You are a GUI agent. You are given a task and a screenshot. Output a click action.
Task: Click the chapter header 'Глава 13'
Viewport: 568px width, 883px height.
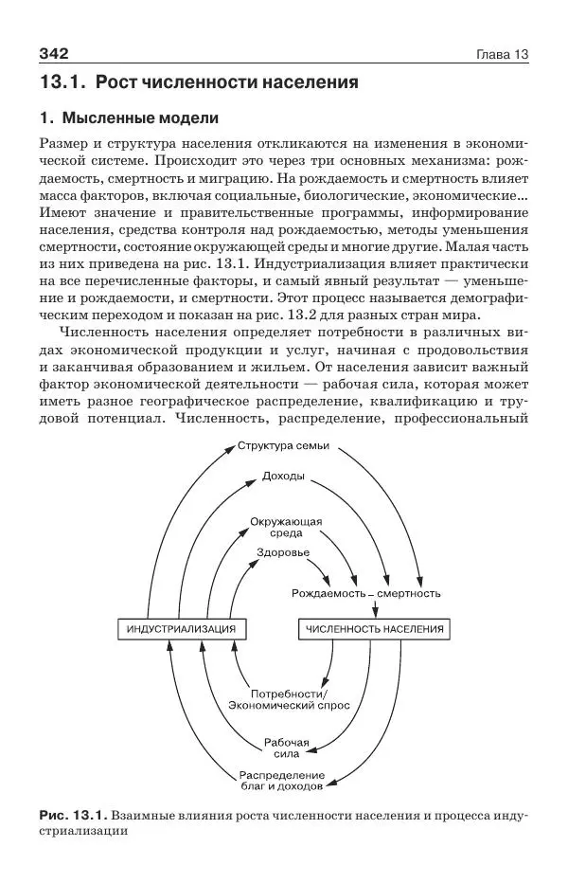pyautogui.click(x=501, y=53)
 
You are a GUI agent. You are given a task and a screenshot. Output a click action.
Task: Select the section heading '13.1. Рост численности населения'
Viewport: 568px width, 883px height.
pyautogui.click(x=199, y=82)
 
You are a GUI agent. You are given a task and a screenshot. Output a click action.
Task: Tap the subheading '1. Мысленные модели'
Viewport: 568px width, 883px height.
pyautogui.click(x=129, y=119)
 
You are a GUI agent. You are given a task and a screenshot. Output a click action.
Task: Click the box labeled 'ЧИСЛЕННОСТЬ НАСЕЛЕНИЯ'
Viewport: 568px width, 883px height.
pyautogui.click(x=374, y=629)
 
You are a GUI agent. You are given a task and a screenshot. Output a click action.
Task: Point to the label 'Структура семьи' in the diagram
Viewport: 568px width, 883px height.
pyautogui.click(x=284, y=446)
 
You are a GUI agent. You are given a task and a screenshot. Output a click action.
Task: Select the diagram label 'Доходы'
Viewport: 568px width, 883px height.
pyautogui.click(x=283, y=476)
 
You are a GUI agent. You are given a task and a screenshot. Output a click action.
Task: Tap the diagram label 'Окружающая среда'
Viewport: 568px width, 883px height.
pyautogui.click(x=287, y=527)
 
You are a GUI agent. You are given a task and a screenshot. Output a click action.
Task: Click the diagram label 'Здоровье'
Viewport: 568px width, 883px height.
pyautogui.click(x=282, y=552)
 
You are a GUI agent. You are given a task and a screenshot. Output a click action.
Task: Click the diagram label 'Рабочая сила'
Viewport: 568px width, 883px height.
pyautogui.click(x=287, y=747)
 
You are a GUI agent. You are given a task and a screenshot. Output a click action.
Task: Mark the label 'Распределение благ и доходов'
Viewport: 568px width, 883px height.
pyautogui.click(x=281, y=781)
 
